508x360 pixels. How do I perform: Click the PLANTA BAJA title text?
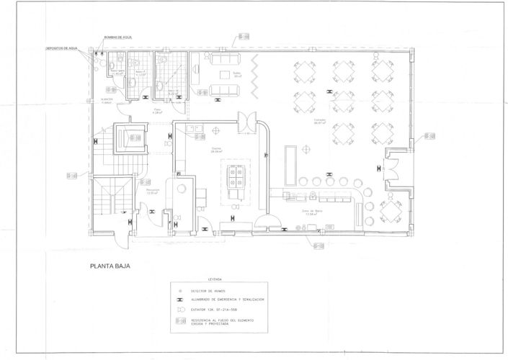[x=110, y=266]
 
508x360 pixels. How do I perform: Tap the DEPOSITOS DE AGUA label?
[x=61, y=48]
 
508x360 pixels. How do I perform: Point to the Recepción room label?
[x=152, y=192]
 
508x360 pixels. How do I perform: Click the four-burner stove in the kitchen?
[x=236, y=172]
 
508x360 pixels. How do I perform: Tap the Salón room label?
[x=237, y=74]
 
